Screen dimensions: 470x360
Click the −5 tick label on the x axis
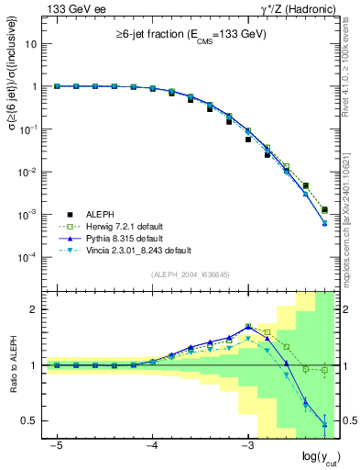point(57,444)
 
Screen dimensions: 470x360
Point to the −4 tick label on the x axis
point(152,444)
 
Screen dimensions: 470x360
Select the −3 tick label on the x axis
point(247,444)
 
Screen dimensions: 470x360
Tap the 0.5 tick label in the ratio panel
point(29,420)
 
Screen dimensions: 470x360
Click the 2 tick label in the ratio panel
point(33,309)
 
